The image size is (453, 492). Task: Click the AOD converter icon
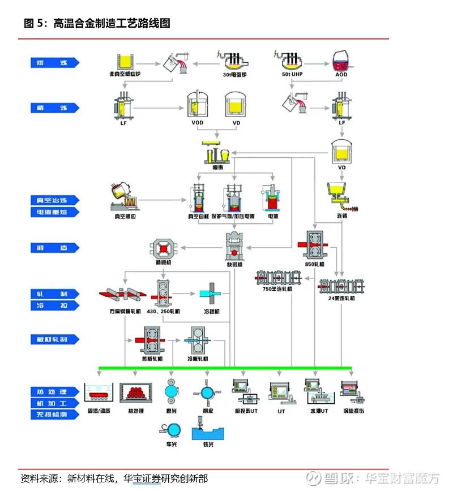coord(341,59)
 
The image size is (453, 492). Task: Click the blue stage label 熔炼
coord(55,63)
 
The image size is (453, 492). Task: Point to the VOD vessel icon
coord(197,105)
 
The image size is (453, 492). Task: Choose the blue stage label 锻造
coord(55,248)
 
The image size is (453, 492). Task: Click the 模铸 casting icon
coord(218,153)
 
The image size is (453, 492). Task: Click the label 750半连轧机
coord(277,289)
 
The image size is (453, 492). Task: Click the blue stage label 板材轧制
coord(55,339)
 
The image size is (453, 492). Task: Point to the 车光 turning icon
coord(173,430)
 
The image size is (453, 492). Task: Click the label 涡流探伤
coord(353,411)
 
